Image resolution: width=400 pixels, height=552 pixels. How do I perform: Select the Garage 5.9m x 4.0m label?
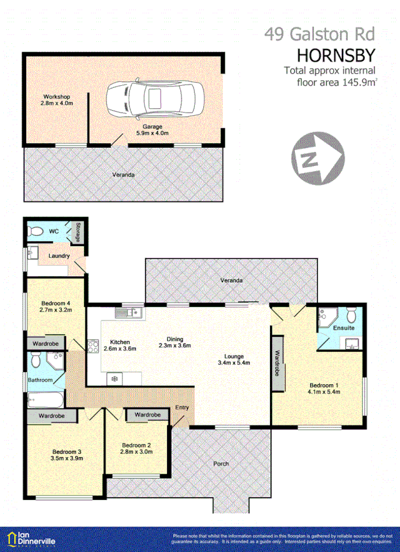point(152,130)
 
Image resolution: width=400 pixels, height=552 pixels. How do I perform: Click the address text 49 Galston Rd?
point(319,34)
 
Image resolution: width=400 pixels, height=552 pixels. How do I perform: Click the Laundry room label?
point(59,256)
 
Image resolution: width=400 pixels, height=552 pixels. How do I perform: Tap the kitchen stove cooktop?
point(92,347)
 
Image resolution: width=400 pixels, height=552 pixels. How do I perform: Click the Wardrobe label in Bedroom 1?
point(278,364)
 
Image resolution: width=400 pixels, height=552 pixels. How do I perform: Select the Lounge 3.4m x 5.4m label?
point(233,360)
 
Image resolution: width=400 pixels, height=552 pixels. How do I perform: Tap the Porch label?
point(221,463)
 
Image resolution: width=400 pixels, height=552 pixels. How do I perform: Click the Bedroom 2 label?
point(136,448)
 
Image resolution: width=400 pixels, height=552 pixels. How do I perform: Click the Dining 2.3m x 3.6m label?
point(175,342)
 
